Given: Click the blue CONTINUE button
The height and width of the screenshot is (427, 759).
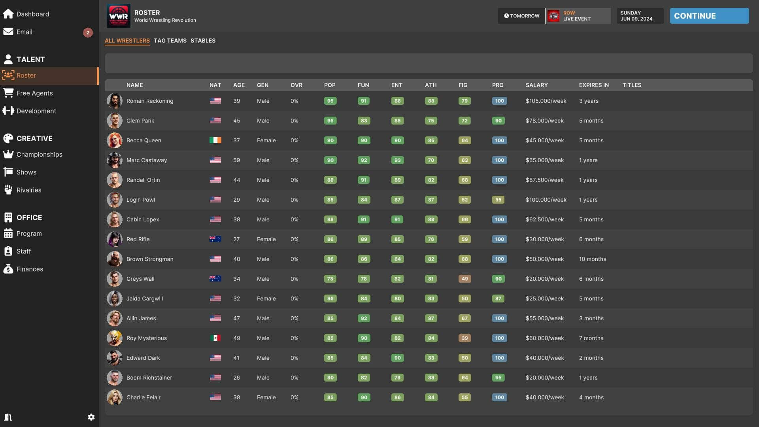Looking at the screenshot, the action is tap(709, 16).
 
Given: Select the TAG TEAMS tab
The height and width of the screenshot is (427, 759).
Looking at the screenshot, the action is tap(170, 41).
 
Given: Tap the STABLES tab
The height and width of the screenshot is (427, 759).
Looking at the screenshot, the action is tap(203, 41).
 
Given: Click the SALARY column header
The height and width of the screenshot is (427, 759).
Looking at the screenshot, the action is tap(536, 85).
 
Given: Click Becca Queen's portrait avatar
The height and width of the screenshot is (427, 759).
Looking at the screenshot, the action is tap(115, 140).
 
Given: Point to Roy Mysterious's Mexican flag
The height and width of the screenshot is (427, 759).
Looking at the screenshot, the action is tap(215, 338).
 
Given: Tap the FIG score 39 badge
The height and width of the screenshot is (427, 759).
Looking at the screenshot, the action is tap(464, 338).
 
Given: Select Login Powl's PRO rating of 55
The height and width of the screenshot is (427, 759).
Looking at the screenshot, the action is tap(498, 200).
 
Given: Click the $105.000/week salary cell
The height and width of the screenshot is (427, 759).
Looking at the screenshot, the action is tap(546, 101).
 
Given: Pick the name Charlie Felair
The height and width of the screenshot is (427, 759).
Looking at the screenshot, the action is tap(143, 397).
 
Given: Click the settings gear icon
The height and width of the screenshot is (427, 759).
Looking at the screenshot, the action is tap(91, 417).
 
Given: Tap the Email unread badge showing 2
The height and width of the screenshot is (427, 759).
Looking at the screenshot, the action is tap(88, 32).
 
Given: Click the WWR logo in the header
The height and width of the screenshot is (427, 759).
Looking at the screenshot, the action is tap(119, 16).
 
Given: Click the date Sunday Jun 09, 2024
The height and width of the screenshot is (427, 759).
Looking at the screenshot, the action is tap(636, 16).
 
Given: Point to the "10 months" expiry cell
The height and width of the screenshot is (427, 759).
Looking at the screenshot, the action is tap(593, 259).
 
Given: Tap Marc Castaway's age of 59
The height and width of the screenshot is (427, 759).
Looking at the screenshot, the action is tap(236, 160).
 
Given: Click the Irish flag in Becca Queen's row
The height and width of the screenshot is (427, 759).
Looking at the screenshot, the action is tap(215, 140).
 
